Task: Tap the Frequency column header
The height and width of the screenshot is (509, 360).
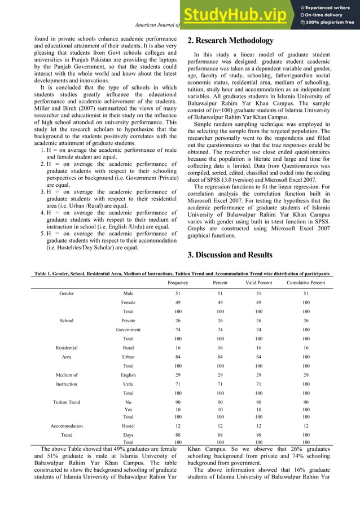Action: [178, 282]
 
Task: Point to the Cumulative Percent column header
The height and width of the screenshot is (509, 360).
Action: [306, 282]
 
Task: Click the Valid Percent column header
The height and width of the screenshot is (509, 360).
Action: [258, 282]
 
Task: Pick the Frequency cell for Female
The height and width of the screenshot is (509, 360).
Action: [178, 302]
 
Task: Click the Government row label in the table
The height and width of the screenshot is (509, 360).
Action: [128, 330]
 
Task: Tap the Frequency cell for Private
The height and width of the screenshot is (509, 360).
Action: [178, 321]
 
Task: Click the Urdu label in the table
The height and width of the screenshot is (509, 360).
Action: [128, 384]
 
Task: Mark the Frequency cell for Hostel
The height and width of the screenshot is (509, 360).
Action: [178, 426]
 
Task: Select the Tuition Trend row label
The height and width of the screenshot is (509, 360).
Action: [67, 402]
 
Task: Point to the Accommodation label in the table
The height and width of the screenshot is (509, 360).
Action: [67, 426]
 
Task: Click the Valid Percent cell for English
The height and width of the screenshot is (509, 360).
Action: [258, 375]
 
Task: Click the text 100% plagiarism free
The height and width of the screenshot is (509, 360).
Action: [331, 22]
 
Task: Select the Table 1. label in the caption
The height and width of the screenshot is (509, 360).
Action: [45, 273]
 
